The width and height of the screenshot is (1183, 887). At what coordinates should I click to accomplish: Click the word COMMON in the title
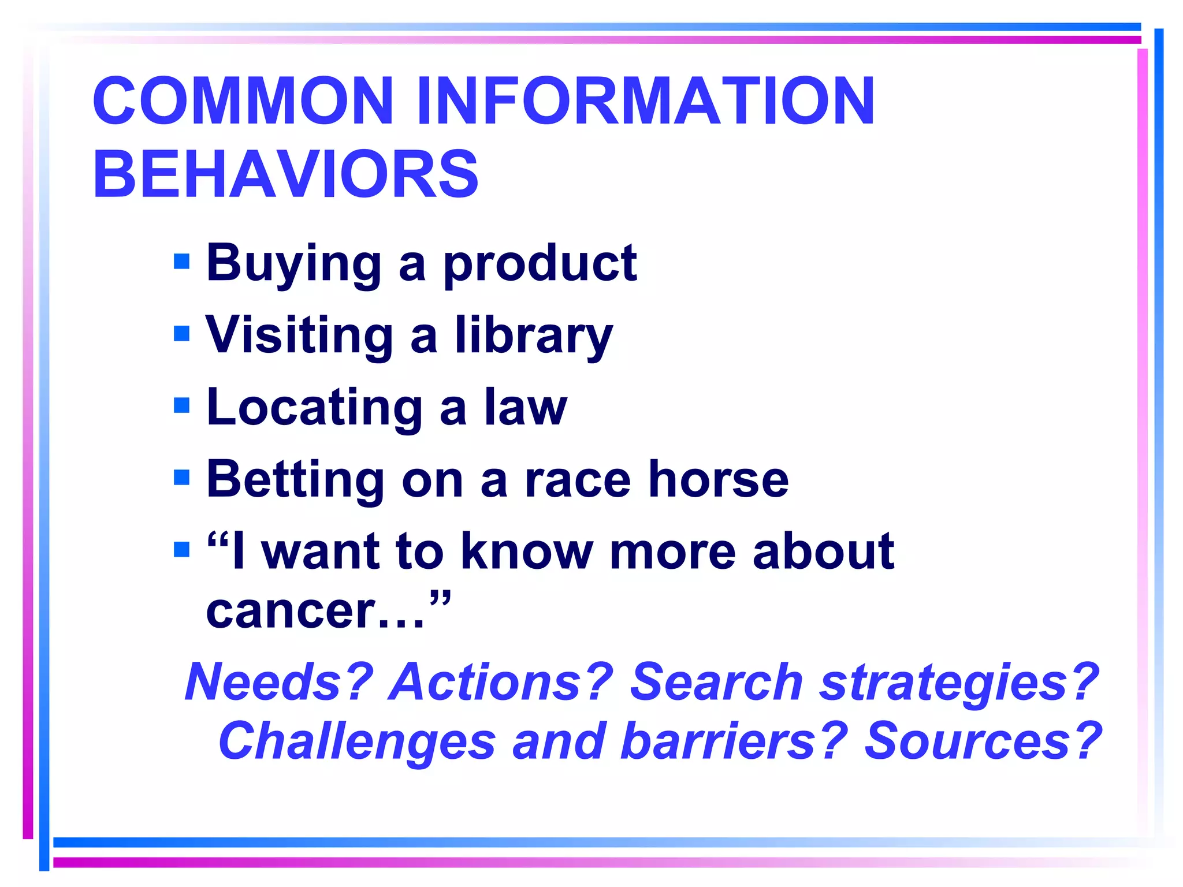[243, 101]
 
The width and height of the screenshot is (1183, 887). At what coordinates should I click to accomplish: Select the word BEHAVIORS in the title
[285, 174]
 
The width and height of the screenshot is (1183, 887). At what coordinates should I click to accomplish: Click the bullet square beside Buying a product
[181, 262]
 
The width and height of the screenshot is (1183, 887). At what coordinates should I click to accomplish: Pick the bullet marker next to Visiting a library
[181, 333]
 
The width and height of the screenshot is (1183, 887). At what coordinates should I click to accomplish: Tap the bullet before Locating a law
[181, 405]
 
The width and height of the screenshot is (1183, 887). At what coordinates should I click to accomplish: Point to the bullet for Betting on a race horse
[181, 478]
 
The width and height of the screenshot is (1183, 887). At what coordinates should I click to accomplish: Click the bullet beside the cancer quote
[181, 549]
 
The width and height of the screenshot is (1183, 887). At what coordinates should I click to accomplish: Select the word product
[540, 264]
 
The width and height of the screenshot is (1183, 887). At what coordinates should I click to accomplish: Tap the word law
[526, 408]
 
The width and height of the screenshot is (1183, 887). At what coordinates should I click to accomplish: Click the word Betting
[295, 479]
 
